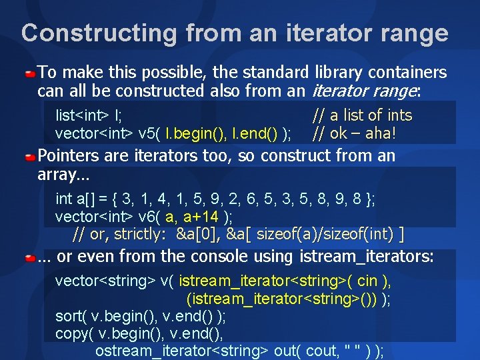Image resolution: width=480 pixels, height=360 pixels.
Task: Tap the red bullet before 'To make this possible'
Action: click(x=31, y=71)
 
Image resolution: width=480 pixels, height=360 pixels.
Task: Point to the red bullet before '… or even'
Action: click(x=31, y=257)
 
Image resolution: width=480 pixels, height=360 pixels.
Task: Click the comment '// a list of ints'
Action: click(x=363, y=115)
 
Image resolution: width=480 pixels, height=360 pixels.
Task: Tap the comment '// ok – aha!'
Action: click(x=354, y=133)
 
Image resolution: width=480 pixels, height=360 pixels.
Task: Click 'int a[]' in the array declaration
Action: click(x=73, y=199)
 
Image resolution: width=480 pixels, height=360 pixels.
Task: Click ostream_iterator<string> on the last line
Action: click(x=181, y=351)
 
